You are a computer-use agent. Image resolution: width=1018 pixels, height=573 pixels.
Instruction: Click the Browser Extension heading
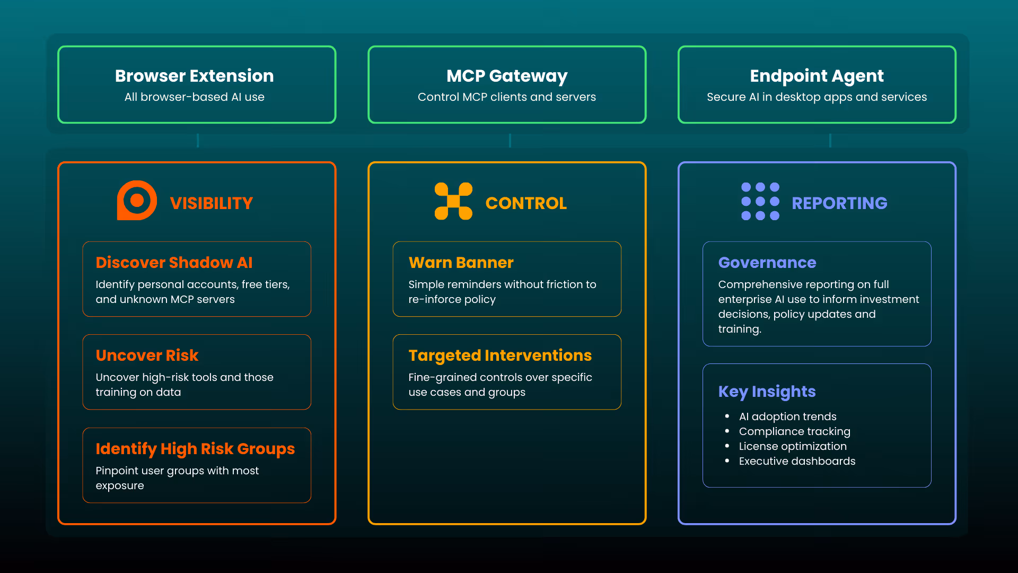194,76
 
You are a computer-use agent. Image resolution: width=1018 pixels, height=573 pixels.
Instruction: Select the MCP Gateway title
507,76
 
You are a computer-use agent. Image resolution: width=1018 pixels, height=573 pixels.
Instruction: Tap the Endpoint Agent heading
817,76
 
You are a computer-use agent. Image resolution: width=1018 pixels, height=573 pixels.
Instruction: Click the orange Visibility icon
137,201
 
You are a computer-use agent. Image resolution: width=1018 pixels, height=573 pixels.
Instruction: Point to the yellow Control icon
453,201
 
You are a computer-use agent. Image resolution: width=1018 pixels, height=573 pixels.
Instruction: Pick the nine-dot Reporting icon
760,201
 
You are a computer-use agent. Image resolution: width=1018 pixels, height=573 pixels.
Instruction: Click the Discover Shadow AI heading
174,263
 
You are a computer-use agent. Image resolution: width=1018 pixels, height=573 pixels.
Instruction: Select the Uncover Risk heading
147,355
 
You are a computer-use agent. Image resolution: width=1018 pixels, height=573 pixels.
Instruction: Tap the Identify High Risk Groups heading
195,449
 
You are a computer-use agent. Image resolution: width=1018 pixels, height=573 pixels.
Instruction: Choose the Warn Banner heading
461,263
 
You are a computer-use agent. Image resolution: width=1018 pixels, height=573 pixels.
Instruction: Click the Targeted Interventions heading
500,355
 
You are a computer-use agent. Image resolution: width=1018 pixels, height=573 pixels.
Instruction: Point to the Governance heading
767,263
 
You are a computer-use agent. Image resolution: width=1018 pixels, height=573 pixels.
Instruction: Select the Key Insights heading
767,392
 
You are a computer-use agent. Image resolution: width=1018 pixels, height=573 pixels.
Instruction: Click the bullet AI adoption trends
787,416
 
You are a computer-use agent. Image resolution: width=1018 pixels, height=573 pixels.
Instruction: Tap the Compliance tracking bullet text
794,431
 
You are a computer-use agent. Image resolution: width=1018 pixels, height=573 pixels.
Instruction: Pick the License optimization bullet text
793,446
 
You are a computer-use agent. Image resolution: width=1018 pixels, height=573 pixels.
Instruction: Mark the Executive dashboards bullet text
797,461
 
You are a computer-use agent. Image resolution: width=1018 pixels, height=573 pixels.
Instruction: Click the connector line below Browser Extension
198,141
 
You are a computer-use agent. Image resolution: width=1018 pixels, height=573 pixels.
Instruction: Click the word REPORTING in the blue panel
839,203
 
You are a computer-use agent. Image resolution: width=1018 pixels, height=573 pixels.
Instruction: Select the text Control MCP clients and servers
507,97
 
